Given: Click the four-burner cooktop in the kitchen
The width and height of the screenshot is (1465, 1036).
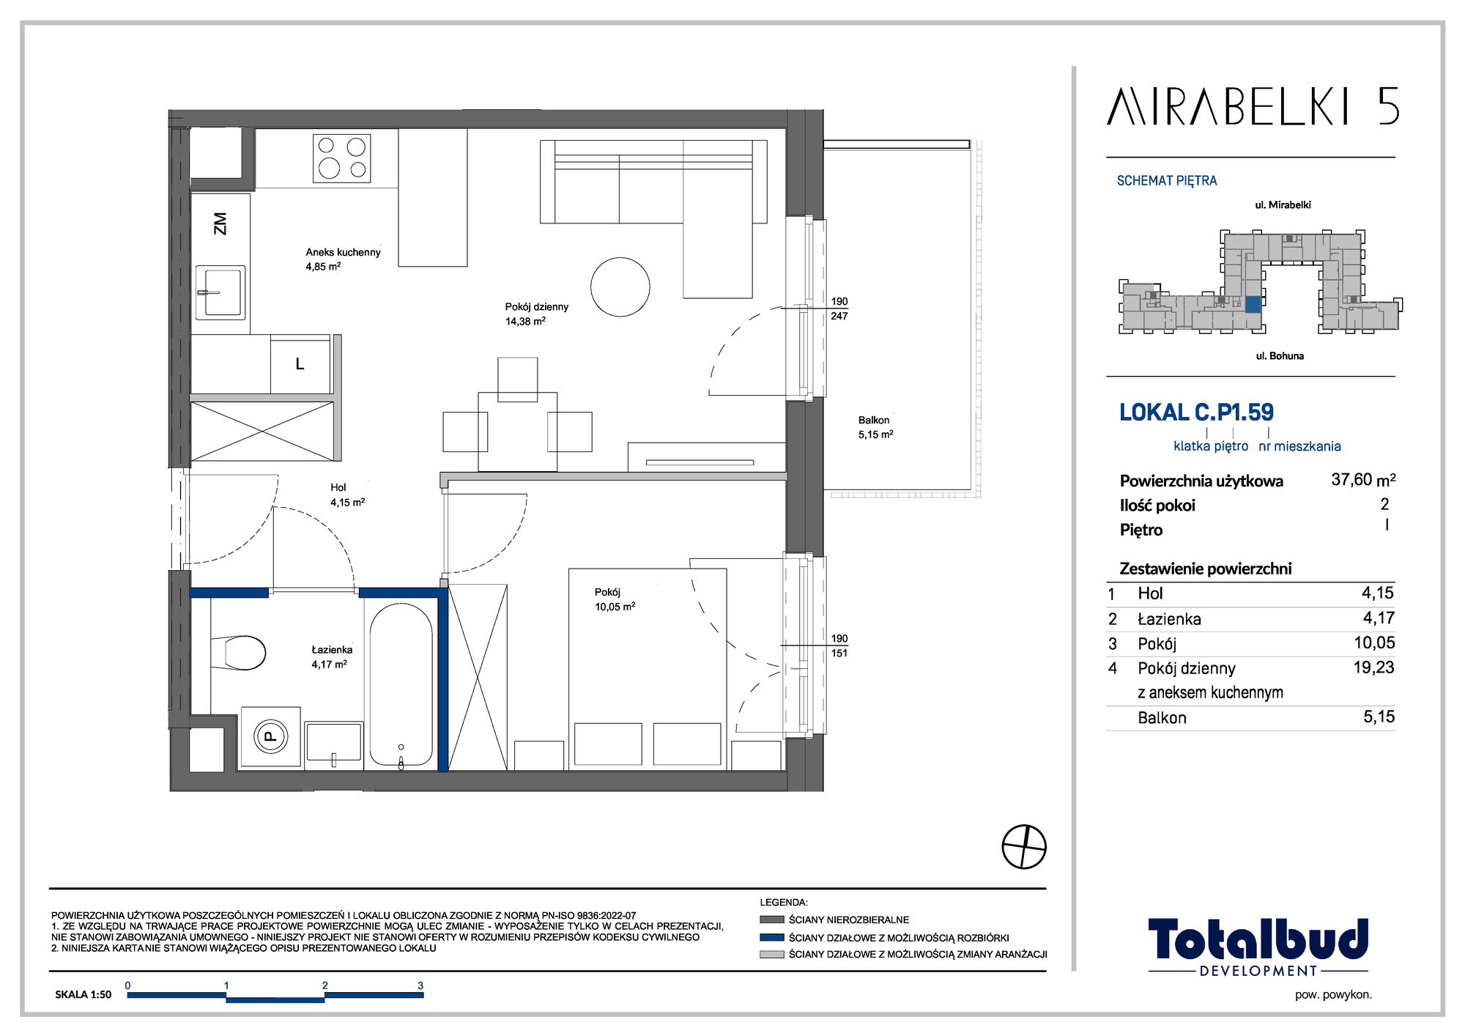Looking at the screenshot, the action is (x=341, y=158).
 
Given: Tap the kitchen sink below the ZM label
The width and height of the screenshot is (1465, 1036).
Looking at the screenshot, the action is (x=220, y=292).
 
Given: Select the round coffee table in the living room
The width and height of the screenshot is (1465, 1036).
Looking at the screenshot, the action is (x=620, y=287).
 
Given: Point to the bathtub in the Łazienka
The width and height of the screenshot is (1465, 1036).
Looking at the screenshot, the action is (x=401, y=685).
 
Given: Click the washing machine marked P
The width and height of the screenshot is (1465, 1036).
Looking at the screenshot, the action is (x=270, y=736).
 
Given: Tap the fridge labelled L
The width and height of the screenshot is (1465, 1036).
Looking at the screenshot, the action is (x=300, y=365).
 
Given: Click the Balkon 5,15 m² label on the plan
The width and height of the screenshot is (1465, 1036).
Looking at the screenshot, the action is (x=875, y=427).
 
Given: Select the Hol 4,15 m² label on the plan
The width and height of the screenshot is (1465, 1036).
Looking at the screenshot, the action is (x=347, y=495).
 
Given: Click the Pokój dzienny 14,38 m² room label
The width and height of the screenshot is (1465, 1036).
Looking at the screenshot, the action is (x=536, y=314).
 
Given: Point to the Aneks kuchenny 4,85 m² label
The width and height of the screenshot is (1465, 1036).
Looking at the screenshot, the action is (x=343, y=259).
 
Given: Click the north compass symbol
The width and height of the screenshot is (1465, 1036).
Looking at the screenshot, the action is (x=1024, y=846).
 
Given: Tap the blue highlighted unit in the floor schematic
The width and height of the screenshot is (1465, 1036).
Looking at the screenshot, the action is (x=1253, y=305).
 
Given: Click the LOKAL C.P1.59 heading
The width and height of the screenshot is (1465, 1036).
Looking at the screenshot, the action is (x=1196, y=412).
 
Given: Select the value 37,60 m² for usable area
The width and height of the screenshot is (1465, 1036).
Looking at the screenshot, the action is (x=1363, y=480).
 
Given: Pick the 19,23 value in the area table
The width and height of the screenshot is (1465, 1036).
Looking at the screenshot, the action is (x=1373, y=667).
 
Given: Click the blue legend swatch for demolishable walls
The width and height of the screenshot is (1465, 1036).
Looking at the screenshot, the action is (x=772, y=937).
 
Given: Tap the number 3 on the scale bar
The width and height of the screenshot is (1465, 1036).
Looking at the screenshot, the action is (x=420, y=985).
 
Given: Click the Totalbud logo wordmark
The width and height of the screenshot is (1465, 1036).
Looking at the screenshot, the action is (x=1258, y=939).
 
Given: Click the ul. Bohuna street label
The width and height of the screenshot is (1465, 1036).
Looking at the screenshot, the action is (x=1280, y=356).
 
